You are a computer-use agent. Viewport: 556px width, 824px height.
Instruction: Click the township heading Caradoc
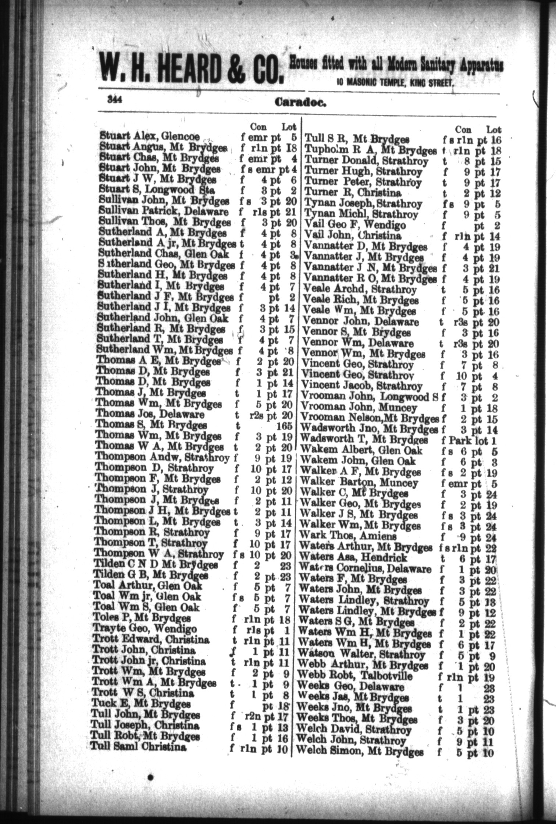pyautogui.click(x=300, y=103)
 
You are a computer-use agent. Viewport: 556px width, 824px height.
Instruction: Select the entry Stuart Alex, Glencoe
pyautogui.click(x=150, y=136)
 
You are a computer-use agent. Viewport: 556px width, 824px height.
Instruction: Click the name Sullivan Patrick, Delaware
pyautogui.click(x=164, y=212)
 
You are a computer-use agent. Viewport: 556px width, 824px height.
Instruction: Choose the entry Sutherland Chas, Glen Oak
pyautogui.click(x=164, y=254)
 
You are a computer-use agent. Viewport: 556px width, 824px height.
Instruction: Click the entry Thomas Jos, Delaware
pyautogui.click(x=150, y=415)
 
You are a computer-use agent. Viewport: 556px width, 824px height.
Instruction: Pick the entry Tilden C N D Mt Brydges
pyautogui.click(x=156, y=565)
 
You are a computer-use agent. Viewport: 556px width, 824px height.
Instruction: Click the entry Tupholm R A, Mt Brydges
pyautogui.click(x=371, y=150)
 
